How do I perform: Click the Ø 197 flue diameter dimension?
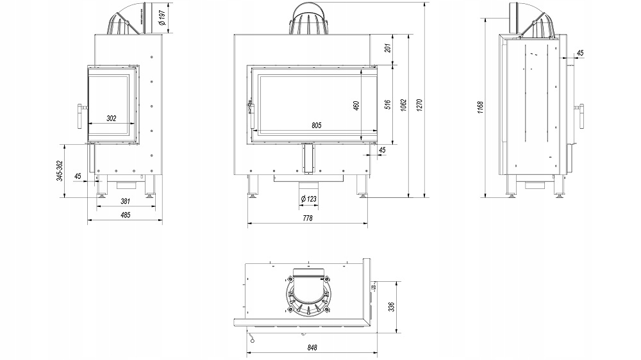162,17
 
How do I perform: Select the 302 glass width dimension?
111,119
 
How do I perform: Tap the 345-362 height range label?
60,171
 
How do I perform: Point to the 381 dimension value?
126,201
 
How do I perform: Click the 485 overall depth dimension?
126,215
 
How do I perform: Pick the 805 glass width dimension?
317,126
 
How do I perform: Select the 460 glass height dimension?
356,106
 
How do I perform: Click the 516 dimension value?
388,105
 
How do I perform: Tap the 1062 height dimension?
403,105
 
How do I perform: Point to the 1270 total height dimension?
419,105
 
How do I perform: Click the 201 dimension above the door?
388,47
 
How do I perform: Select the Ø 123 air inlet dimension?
309,199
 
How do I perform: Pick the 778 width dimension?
308,218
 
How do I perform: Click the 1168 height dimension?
480,108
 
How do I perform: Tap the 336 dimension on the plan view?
391,307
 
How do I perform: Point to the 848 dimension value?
312,348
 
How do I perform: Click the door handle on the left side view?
81,117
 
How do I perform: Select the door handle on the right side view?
579,117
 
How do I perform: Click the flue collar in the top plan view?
309,291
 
